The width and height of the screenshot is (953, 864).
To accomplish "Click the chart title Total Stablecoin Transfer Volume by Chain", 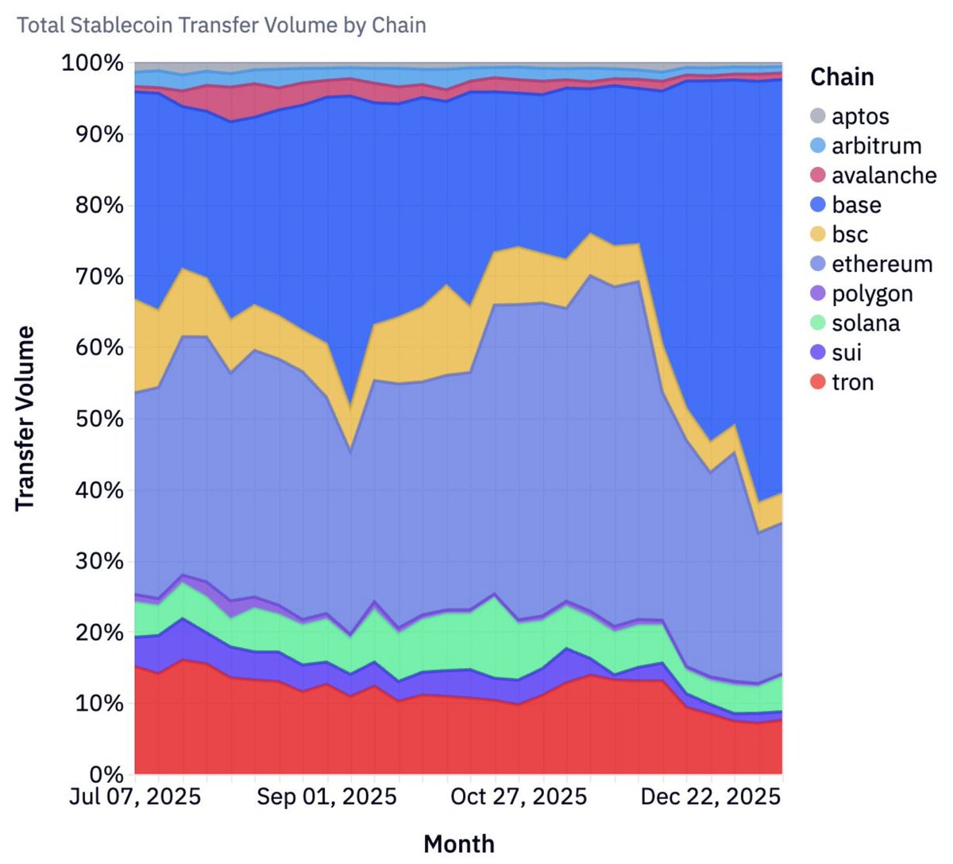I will click(222, 25).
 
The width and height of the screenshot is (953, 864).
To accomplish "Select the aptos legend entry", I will click(860, 117).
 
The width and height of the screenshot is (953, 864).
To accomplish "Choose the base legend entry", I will click(856, 205).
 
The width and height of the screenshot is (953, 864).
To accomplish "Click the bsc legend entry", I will click(849, 234).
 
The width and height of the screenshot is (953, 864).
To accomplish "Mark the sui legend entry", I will click(846, 353).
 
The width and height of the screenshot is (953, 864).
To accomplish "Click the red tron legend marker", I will click(818, 382).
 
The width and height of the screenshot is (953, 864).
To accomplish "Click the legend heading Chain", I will click(842, 77).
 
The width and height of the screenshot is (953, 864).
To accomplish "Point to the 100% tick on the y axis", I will click(93, 63).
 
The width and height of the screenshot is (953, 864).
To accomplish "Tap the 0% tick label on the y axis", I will click(104, 774).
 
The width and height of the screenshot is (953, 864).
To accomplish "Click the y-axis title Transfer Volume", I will click(25, 418).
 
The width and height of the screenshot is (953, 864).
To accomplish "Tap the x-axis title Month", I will click(459, 844).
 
